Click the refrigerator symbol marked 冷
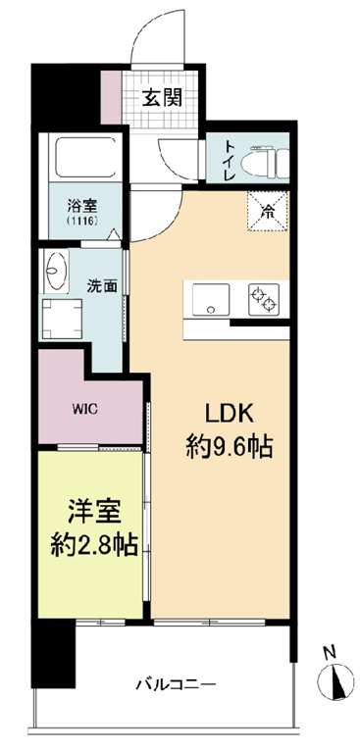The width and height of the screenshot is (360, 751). [x=267, y=207]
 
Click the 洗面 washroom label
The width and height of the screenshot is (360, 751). [x=103, y=287]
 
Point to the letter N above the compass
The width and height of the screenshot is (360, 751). [x=332, y=651]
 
